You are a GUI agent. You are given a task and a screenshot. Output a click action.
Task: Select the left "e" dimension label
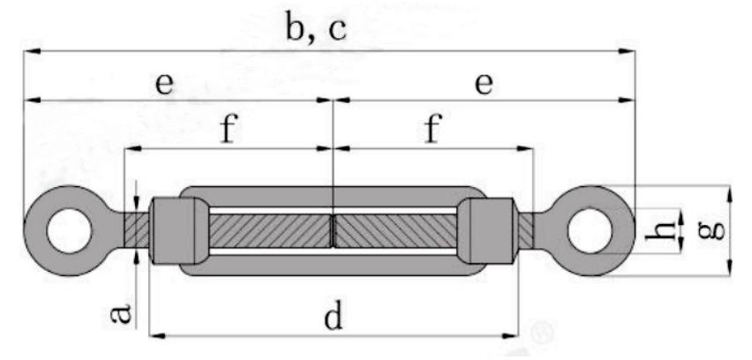point(164,85)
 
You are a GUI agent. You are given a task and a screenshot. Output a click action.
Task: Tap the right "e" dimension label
point(483,85)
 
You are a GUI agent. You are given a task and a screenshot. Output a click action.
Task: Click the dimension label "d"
point(332,317)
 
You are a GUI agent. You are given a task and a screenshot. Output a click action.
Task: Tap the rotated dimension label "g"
point(716,230)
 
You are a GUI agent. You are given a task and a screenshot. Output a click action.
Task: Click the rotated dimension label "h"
point(668,230)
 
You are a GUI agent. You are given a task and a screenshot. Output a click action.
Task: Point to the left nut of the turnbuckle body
point(174,231)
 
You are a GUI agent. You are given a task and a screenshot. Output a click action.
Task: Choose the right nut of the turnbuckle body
point(490,231)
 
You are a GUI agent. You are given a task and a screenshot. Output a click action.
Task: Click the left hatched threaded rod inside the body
point(269,231)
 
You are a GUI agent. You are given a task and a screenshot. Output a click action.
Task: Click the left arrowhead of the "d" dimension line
point(155,335)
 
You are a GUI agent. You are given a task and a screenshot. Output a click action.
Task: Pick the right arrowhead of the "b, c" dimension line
point(629,52)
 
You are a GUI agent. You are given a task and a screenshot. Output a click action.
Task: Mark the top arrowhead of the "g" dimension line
point(729,191)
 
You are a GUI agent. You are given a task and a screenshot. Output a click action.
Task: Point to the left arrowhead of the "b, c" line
point(29,52)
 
